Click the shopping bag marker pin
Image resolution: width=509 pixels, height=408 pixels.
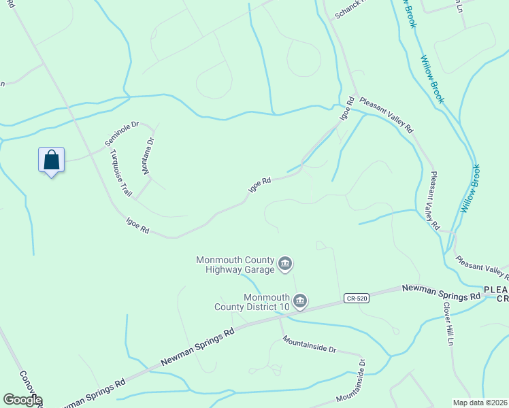click(x=51, y=160)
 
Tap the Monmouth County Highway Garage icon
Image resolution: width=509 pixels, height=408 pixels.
click(x=285, y=262)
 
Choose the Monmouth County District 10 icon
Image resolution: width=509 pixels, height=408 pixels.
click(x=300, y=300)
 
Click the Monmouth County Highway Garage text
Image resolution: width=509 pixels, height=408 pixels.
click(x=235, y=265)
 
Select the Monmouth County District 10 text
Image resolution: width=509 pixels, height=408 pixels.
click(x=266, y=302)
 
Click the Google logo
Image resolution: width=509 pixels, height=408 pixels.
click(x=22, y=400)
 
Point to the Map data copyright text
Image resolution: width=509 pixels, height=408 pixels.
click(x=479, y=403)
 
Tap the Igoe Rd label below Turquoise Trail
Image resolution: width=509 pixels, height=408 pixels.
click(x=137, y=226)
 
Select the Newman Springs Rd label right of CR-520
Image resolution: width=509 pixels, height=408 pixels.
click(x=441, y=292)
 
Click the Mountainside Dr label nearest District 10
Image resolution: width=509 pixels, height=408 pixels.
click(x=310, y=344)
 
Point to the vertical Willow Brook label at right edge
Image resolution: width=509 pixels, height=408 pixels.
click(x=470, y=188)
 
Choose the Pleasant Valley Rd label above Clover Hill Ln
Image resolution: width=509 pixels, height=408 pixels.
click(x=434, y=200)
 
